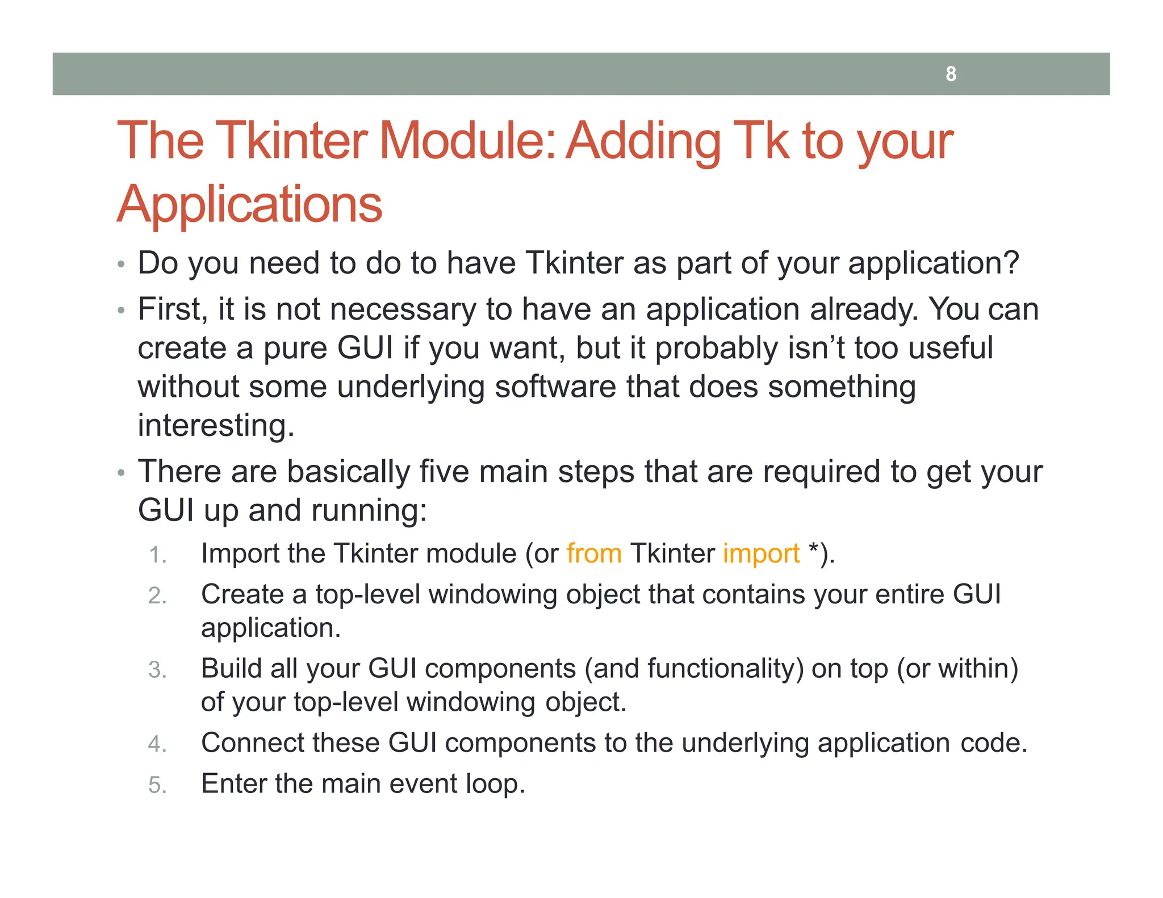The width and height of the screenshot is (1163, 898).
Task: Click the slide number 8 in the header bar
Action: (x=951, y=74)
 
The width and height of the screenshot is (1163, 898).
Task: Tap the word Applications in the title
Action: (x=249, y=204)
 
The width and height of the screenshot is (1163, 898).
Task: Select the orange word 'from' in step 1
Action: (x=593, y=553)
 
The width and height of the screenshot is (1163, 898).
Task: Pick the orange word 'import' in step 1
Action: (x=761, y=553)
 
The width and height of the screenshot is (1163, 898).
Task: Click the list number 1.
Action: (x=157, y=555)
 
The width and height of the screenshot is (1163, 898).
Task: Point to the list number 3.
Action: (x=157, y=670)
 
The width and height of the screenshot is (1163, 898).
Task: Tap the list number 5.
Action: (x=157, y=785)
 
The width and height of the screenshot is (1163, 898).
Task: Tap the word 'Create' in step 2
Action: (x=242, y=594)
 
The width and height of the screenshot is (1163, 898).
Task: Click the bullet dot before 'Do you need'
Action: (x=120, y=265)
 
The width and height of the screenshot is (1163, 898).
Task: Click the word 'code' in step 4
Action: (x=993, y=742)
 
